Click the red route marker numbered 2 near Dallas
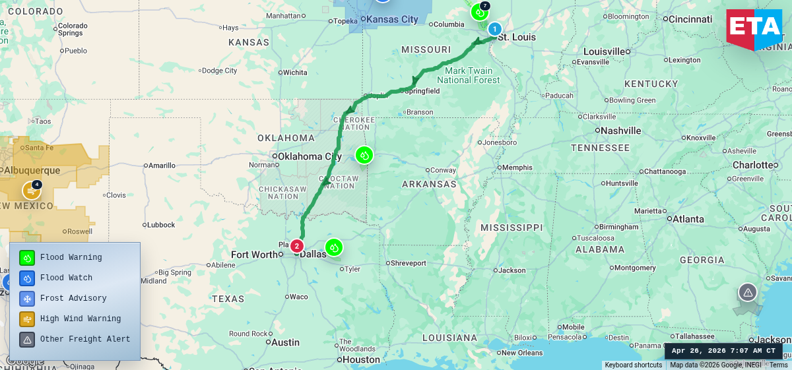coord(297,246)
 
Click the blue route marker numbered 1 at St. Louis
coord(494,29)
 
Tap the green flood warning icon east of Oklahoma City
coord(364,155)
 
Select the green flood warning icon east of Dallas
coord(334,247)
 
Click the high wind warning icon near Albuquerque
coord(31,191)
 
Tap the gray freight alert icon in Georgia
coord(747,292)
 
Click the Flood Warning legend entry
coord(71,257)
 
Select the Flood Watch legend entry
coord(66,278)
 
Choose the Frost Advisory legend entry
coord(73,298)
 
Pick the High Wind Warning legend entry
coord(80,319)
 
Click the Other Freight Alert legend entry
coord(84,339)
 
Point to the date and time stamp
coord(723,351)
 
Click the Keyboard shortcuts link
coord(633,365)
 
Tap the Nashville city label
coord(620,131)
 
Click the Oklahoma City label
coord(309,156)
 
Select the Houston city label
coord(361,359)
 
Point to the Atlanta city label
coord(688,219)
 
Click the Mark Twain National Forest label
coord(469,75)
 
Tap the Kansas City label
coord(392,19)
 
